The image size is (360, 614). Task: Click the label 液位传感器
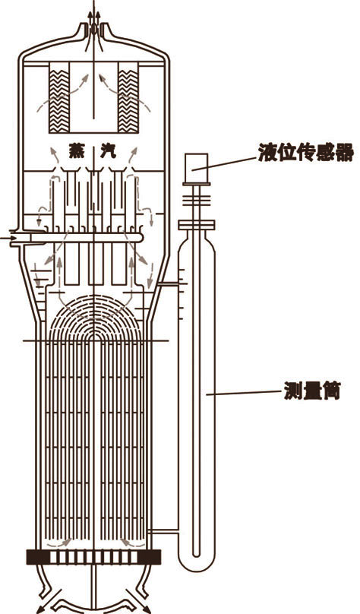click(305, 152)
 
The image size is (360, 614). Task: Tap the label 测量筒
click(312, 390)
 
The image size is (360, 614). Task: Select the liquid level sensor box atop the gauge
click(196, 168)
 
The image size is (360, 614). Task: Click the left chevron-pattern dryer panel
click(59, 101)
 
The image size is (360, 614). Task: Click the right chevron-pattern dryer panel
click(128, 101)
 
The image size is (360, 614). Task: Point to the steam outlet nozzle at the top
click(94, 30)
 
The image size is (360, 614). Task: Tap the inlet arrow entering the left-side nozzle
click(8, 238)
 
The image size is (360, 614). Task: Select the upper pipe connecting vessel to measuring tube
click(169, 283)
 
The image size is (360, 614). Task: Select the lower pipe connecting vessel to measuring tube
click(163, 531)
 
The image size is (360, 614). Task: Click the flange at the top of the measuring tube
click(197, 225)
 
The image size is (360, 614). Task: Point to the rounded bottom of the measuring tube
click(197, 567)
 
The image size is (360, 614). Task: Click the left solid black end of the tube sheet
click(37, 557)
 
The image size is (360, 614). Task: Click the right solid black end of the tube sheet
click(150, 557)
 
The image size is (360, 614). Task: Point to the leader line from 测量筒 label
click(245, 393)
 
